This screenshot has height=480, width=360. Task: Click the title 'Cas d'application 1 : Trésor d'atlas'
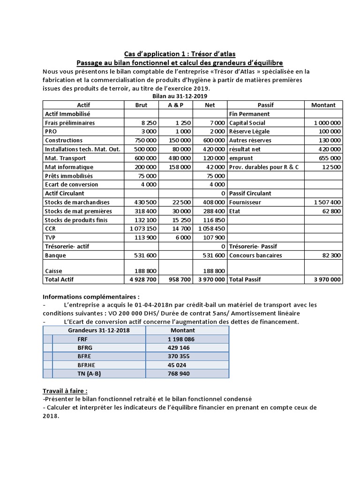click(180, 54)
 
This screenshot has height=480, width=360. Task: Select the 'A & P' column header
click(175, 105)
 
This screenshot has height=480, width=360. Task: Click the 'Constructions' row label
click(64, 140)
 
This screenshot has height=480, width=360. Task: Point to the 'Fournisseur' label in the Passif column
click(245, 202)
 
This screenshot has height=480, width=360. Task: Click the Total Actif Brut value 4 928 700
click(142, 279)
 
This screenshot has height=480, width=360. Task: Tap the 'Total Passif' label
click(245, 279)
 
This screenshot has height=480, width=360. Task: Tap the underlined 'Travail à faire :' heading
click(65, 391)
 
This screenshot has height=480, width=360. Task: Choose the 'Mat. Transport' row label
click(65, 158)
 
